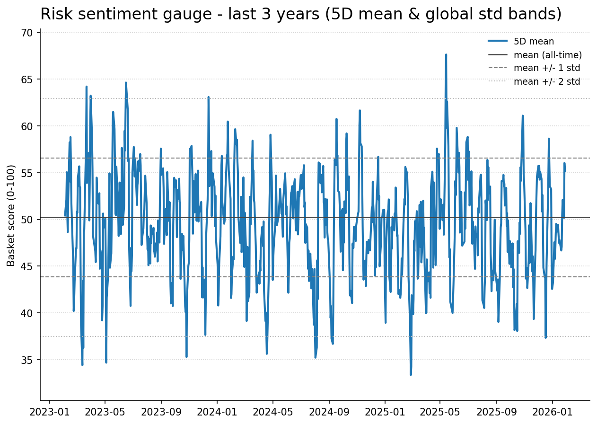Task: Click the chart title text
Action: pos(301,14)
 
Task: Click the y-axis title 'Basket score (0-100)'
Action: pos(11,215)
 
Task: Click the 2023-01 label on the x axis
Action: pos(49,412)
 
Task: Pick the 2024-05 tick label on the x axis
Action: pos(273,412)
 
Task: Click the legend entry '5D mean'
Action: pos(534,42)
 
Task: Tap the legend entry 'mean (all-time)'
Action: pos(547,55)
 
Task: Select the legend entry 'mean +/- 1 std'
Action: pos(546,68)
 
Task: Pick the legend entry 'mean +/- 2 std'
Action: pos(546,81)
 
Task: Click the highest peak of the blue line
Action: pos(446,54)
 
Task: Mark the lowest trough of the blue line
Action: pos(411,374)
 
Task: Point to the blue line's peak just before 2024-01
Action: pos(208,97)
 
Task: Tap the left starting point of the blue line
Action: pos(65,216)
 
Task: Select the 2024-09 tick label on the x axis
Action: pos(329,412)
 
